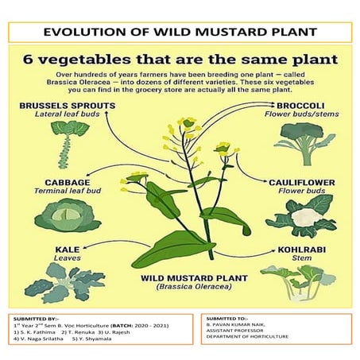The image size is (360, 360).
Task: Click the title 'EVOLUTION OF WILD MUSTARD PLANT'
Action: [x=180, y=33]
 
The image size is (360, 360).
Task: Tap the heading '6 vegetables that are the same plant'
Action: [x=180, y=60]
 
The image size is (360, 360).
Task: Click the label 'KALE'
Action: [x=67, y=250]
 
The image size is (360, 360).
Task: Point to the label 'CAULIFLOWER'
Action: [x=300, y=182]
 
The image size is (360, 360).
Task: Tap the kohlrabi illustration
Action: [x=306, y=280]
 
